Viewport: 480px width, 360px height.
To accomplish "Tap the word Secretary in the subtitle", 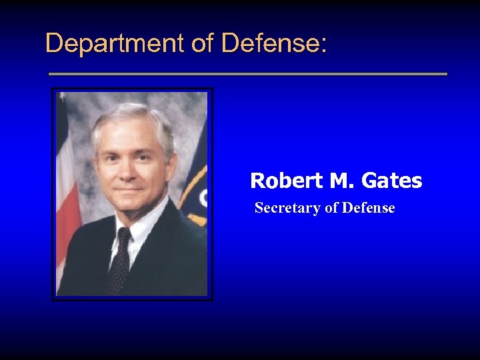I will (287, 208).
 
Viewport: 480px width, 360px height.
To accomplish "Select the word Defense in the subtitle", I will (369, 208).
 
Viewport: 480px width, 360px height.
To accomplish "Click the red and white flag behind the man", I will (67, 193).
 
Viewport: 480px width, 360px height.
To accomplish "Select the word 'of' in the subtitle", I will (331, 208).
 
